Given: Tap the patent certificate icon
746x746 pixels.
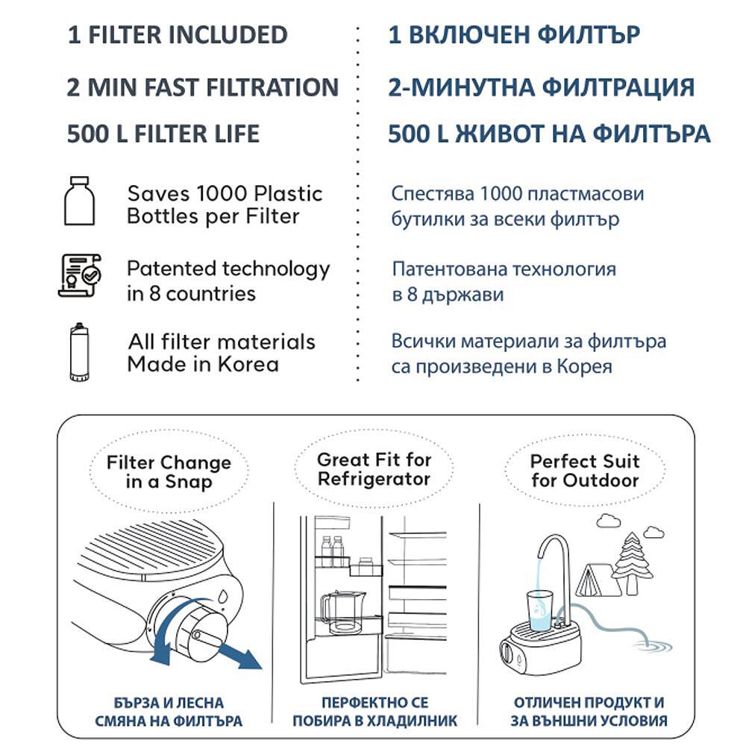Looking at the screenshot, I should pos(81,275).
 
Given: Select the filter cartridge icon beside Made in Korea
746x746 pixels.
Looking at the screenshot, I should pos(77,352).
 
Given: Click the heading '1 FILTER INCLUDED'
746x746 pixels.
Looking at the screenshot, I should pos(178,35).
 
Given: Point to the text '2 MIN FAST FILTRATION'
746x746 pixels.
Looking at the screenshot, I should pos(203,87).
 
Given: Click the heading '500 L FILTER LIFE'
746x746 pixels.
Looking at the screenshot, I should pos(163,134).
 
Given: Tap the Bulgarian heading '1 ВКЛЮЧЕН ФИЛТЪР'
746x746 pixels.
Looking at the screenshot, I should pos(514,35).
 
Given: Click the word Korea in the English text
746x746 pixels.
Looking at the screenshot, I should pos(249,365).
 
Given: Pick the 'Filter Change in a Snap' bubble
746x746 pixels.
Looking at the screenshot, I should pos(169,472).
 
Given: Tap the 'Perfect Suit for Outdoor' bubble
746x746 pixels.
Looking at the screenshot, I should pos(585,471).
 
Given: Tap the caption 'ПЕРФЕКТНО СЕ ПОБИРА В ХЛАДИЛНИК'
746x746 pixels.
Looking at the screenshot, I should pos(374,712).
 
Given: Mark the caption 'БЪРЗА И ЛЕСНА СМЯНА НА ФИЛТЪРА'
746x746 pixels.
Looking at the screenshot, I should pos(169,712).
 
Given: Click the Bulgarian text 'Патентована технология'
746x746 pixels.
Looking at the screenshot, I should pos(504,269).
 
